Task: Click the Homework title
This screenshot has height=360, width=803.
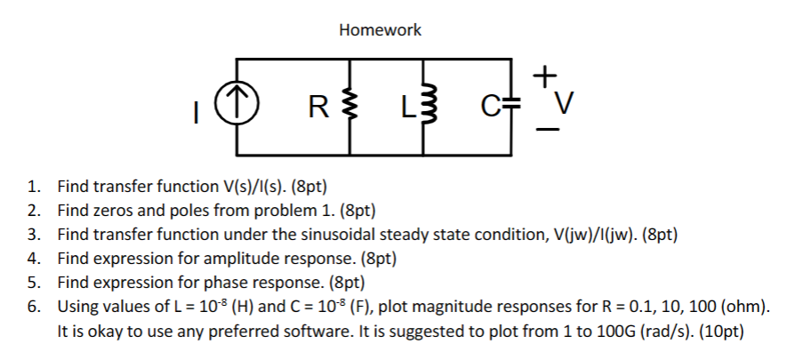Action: [x=380, y=30]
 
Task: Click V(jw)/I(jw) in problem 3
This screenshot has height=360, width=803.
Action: [x=593, y=236]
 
